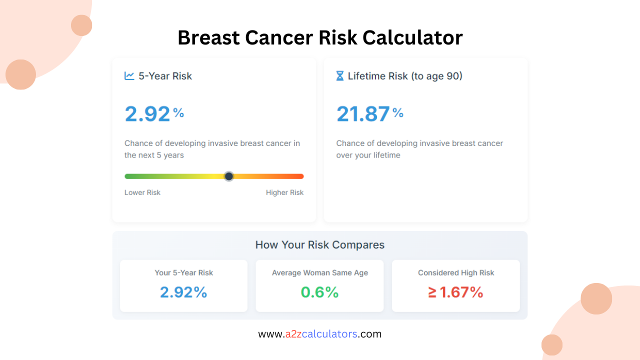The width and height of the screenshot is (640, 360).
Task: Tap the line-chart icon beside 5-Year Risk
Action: point(129,76)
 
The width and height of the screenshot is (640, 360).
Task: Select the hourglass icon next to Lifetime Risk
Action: point(340,76)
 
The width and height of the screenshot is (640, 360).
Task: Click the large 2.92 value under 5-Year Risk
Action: point(147,114)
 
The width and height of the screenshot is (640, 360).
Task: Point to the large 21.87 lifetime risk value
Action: point(363,114)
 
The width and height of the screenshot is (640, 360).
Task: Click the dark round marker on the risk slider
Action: point(228,176)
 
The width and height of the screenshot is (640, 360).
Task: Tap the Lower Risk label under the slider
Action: point(142,192)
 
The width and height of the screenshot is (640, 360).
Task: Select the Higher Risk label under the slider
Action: point(284,192)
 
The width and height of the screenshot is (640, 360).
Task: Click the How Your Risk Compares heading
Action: point(320,245)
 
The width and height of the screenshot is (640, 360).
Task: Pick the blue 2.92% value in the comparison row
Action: point(183,292)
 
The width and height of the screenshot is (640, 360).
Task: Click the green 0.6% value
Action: point(319,292)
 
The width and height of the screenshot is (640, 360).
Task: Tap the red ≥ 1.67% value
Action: point(455,292)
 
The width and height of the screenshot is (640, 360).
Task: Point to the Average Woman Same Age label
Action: point(320,273)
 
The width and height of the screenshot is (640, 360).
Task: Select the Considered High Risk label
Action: point(456,273)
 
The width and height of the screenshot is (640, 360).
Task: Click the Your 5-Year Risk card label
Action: point(183,273)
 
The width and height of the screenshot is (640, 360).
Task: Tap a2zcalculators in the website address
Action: point(321,334)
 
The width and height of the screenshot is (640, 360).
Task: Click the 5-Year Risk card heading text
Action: point(165,76)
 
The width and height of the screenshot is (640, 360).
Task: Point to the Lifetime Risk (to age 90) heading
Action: point(405,76)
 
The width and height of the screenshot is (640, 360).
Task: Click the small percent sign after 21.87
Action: point(398,113)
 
